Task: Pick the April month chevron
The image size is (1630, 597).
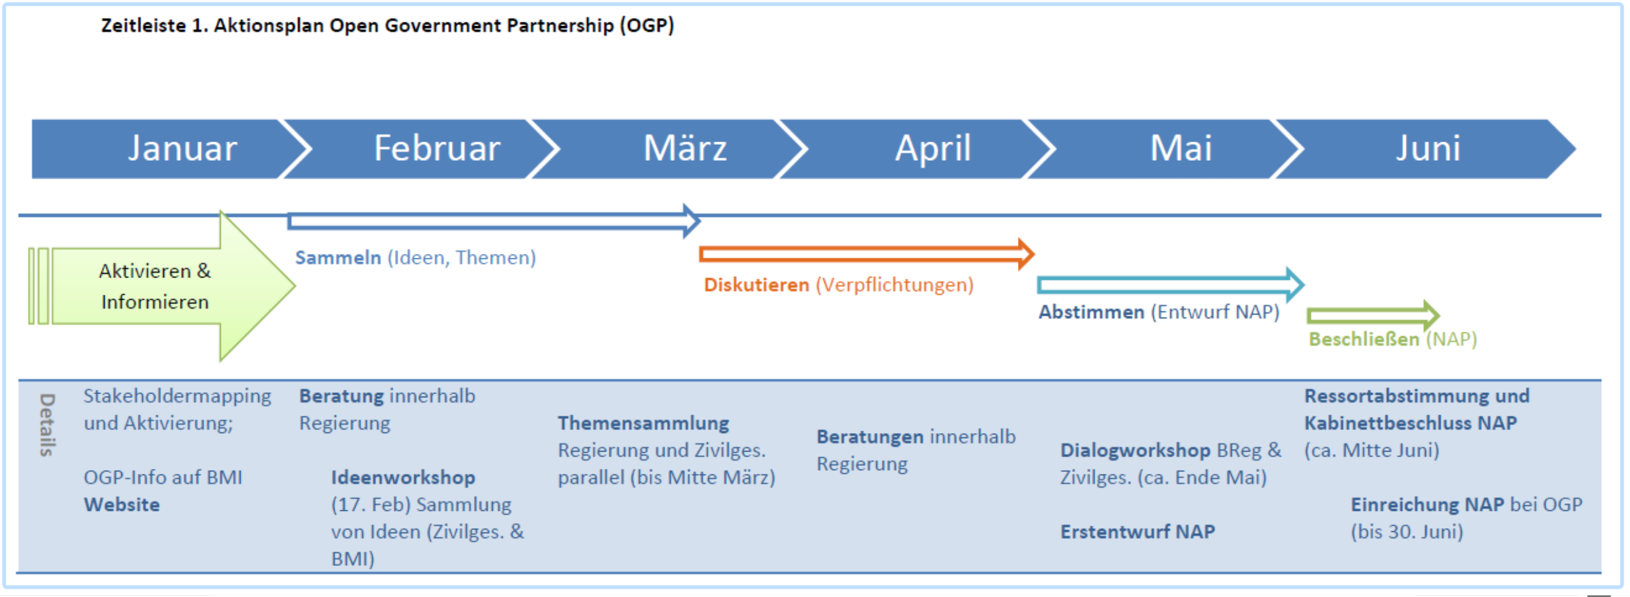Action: click(x=919, y=149)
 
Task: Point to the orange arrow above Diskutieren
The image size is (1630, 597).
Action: click(x=867, y=254)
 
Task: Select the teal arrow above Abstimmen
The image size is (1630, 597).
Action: click(x=1170, y=284)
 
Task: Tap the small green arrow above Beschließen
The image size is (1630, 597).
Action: click(x=1373, y=315)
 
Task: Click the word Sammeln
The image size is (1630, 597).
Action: click(x=338, y=258)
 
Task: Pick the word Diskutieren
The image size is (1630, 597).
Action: click(x=756, y=284)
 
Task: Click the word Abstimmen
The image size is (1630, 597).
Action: click(x=1091, y=312)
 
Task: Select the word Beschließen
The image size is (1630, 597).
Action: click(x=1364, y=339)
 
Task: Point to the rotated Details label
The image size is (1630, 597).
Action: click(x=47, y=424)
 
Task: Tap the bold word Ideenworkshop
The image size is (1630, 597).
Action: click(x=403, y=477)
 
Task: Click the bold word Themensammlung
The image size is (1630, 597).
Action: click(x=643, y=423)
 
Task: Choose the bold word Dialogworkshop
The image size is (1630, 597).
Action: click(x=1135, y=450)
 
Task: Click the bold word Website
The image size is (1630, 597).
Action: click(x=122, y=505)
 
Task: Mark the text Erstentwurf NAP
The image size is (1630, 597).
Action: click(x=1138, y=531)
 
